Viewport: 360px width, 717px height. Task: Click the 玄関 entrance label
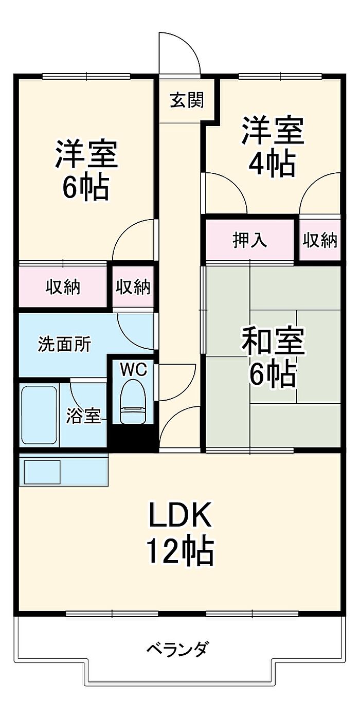[x=187, y=100]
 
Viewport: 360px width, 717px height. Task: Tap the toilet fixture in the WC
[x=133, y=402]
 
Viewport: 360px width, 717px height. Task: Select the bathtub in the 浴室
[x=40, y=415]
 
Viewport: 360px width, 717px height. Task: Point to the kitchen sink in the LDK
[x=42, y=472]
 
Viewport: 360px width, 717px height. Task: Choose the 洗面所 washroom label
[x=64, y=344]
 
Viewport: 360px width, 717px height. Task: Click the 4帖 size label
[x=272, y=164]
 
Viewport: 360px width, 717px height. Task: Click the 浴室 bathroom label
[x=83, y=416]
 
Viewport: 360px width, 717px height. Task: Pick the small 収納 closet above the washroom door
[x=133, y=287]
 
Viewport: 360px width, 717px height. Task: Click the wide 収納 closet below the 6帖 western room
[x=63, y=287]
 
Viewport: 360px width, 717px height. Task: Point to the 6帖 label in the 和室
[x=273, y=374]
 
